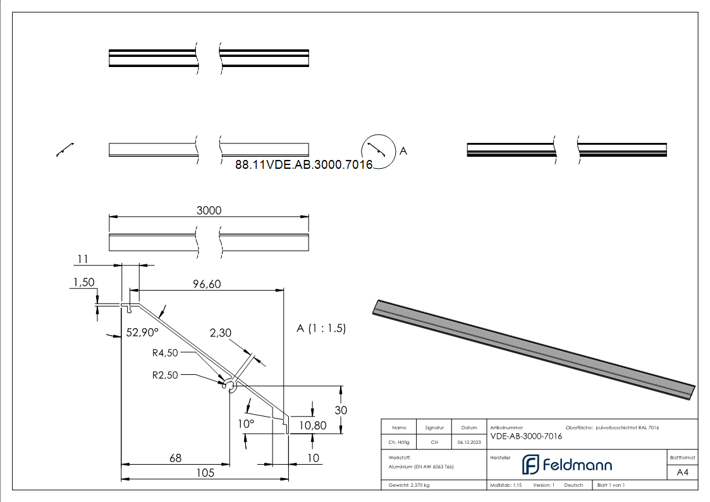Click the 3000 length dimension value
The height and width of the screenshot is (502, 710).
pyautogui.click(x=209, y=211)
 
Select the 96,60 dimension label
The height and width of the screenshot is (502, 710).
pyautogui.click(x=207, y=285)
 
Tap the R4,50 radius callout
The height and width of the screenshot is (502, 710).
pyautogui.click(x=166, y=353)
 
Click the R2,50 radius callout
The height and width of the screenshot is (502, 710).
pyautogui.click(x=166, y=374)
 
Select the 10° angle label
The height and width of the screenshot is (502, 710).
pyautogui.click(x=246, y=423)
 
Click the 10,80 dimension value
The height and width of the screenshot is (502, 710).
pyautogui.click(x=313, y=425)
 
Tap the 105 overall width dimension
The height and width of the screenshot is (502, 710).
pyautogui.click(x=205, y=472)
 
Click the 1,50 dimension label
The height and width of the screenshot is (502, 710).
pyautogui.click(x=83, y=283)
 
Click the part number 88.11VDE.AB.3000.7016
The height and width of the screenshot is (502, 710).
pyautogui.click(x=303, y=164)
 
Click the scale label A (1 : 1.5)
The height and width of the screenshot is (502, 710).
pyautogui.click(x=321, y=328)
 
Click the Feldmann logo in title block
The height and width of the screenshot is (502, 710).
pyautogui.click(x=566, y=465)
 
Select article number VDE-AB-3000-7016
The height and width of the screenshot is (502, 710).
pyautogui.click(x=526, y=436)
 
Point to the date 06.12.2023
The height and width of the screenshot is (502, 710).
pyautogui.click(x=469, y=443)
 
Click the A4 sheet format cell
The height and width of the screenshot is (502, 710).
pyautogui.click(x=682, y=472)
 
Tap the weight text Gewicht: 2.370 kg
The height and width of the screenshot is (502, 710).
pyautogui.click(x=409, y=485)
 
